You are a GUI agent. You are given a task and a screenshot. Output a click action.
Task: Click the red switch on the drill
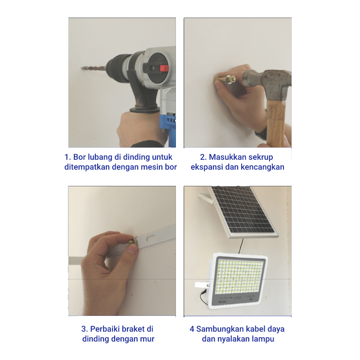pyautogui.click(x=164, y=68)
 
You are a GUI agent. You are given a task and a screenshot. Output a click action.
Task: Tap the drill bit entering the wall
pyautogui.click(x=94, y=68)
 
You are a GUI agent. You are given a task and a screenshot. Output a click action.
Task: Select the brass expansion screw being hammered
pyautogui.click(x=228, y=80)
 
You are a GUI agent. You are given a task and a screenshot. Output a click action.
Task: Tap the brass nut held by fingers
pyautogui.click(x=133, y=242)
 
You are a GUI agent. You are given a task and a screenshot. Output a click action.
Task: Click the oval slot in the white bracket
pyautogui.click(x=151, y=238)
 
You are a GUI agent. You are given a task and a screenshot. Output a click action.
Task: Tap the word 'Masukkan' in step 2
pyautogui.click(x=225, y=157)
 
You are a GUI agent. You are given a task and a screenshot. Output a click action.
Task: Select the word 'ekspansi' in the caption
pyautogui.click(x=207, y=167)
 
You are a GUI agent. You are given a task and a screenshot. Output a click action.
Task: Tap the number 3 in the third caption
pyautogui.click(x=84, y=329)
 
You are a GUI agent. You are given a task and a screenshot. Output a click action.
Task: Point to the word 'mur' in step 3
pyautogui.click(x=148, y=339)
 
